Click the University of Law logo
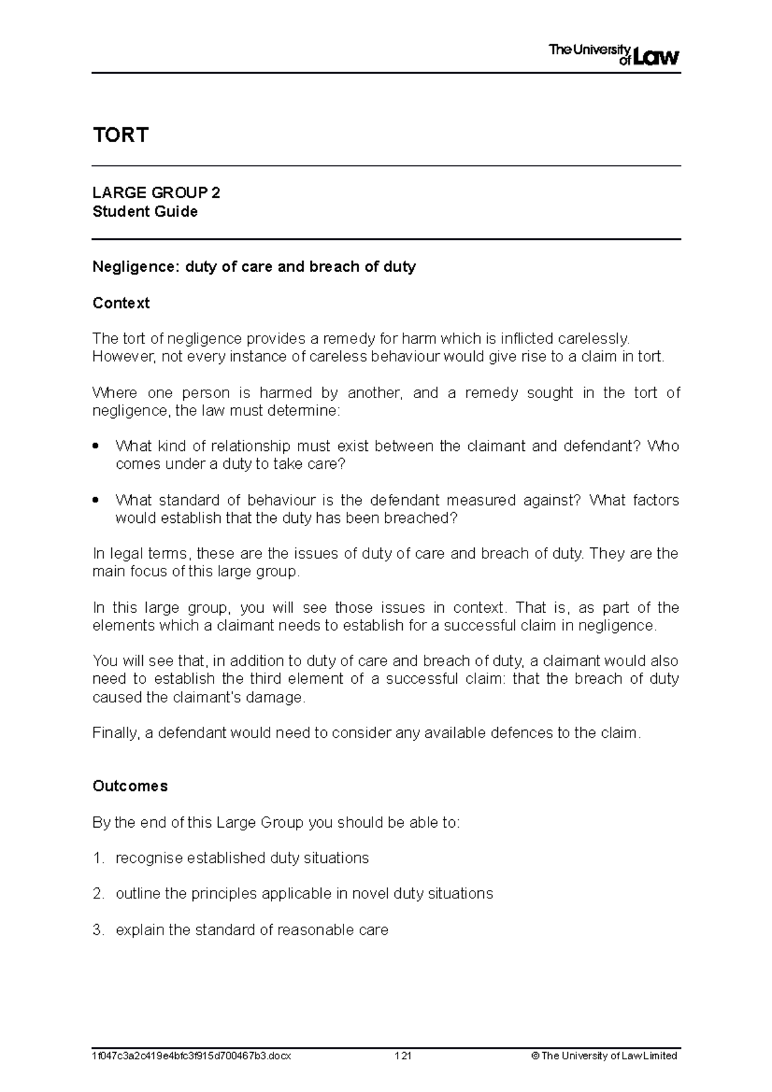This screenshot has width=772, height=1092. pyautogui.click(x=614, y=55)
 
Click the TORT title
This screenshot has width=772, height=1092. pyautogui.click(x=120, y=135)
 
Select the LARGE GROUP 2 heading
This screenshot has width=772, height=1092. pyautogui.click(x=156, y=193)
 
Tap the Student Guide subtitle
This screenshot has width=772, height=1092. pyautogui.click(x=145, y=212)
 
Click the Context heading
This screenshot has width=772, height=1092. pyautogui.click(x=121, y=303)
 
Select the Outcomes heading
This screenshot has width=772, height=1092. pyautogui.click(x=130, y=786)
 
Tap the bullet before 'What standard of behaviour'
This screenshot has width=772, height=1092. pyautogui.click(x=96, y=500)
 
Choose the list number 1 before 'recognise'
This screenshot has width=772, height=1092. pyautogui.click(x=97, y=859)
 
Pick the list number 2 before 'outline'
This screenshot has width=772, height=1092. pyautogui.click(x=97, y=894)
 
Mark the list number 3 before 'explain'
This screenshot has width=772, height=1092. pyautogui.click(x=97, y=930)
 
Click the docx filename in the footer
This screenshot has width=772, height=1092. pyautogui.click(x=192, y=1055)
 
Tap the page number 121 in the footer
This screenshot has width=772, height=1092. pyautogui.click(x=403, y=1055)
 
